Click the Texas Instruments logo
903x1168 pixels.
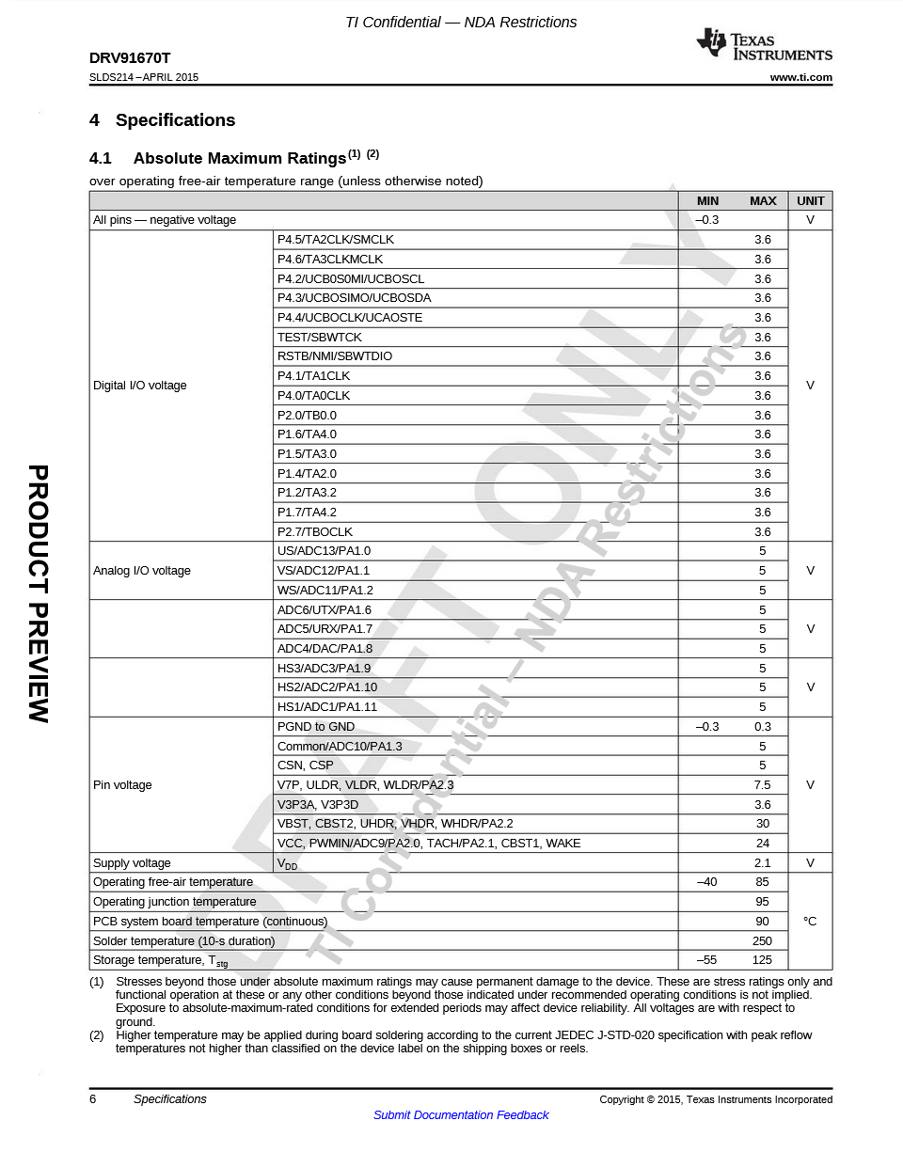point(764,45)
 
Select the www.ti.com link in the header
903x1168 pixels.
point(800,78)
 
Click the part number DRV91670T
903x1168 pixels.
point(130,58)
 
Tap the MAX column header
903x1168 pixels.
point(763,201)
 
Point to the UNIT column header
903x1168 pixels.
point(810,201)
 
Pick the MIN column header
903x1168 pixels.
point(707,201)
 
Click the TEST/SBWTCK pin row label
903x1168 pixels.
point(319,338)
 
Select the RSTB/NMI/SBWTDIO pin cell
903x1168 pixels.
point(334,356)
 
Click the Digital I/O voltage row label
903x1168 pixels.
point(139,386)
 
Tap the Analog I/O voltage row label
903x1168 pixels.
point(141,571)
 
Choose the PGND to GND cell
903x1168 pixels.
point(315,727)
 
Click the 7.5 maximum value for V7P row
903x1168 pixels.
point(762,785)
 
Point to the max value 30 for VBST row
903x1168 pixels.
point(762,824)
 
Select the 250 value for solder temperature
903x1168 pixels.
point(762,941)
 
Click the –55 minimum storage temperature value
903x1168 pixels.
point(706,960)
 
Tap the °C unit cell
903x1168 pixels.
point(810,922)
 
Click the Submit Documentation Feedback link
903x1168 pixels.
point(461,1115)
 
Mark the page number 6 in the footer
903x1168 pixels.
point(93,1099)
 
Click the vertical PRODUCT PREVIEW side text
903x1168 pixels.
point(39,593)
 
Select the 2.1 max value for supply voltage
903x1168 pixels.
point(762,863)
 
